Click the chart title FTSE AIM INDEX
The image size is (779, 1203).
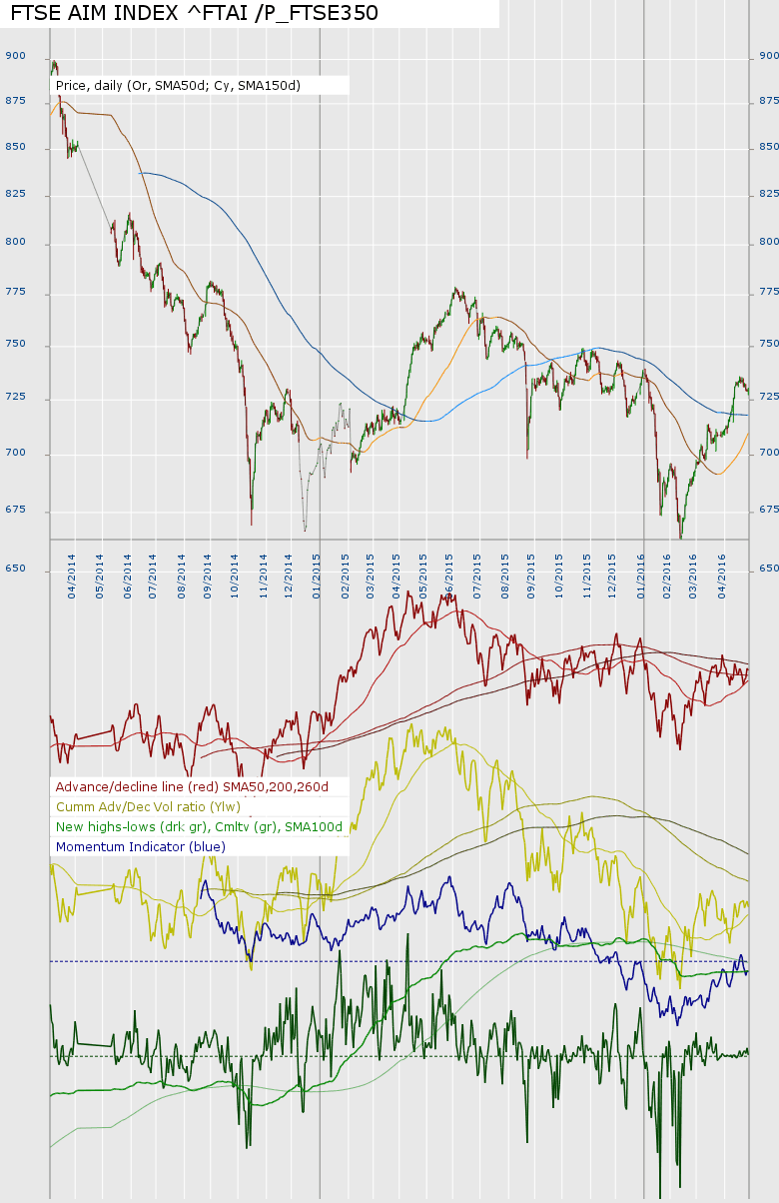(195, 13)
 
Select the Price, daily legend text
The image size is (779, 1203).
(178, 86)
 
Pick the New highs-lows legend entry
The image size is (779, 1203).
(199, 827)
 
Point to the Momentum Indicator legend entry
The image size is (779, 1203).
(141, 847)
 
